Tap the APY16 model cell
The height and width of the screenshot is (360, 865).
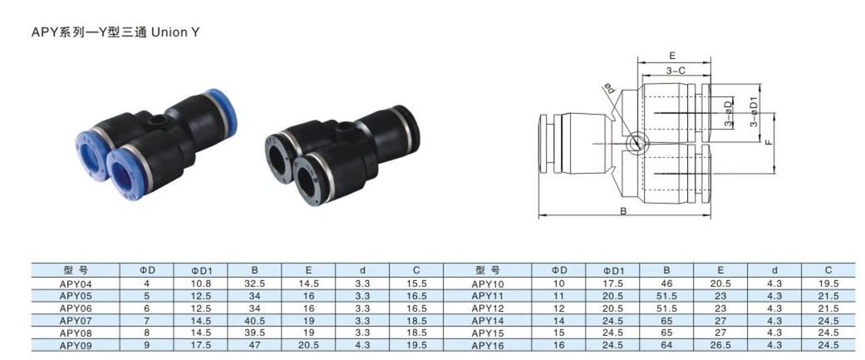tap(488, 342)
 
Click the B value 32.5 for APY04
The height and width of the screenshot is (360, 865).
tap(255, 284)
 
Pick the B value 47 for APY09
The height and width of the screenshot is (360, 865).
tap(255, 342)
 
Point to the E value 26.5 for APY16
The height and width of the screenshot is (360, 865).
tap(721, 342)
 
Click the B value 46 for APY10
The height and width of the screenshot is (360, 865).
tap(666, 284)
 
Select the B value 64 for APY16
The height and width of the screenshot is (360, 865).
tap(666, 342)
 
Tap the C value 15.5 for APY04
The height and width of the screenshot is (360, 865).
tap(417, 284)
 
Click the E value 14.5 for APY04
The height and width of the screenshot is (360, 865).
tap(308, 284)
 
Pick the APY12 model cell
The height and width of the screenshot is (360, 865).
tap(488, 307)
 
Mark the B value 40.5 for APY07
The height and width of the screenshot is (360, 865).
tap(255, 318)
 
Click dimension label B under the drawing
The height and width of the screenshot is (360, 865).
tap(622, 211)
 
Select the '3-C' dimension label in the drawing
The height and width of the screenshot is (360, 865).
tap(674, 72)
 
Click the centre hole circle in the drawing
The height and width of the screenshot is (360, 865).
tap(635, 142)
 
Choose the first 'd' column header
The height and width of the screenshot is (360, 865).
tap(362, 271)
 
